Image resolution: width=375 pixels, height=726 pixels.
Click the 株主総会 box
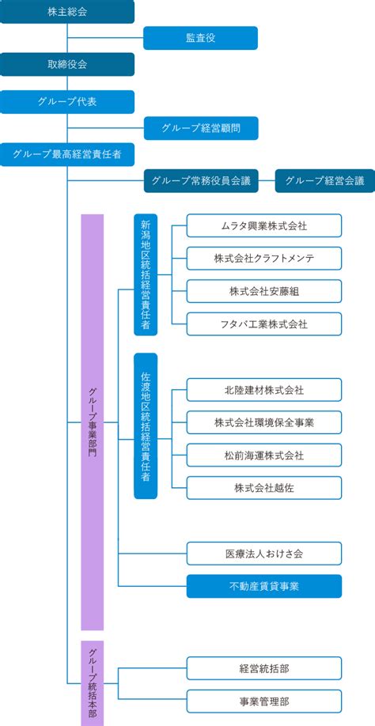point(67,12)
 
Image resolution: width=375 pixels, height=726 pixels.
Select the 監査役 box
point(200,38)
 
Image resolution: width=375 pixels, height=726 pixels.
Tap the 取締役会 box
point(67,64)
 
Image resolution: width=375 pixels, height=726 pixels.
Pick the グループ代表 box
point(67,102)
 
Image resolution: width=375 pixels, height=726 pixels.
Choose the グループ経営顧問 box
point(201,128)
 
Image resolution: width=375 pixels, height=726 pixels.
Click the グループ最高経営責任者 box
point(67,155)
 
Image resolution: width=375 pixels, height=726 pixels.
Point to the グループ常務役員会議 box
point(200,181)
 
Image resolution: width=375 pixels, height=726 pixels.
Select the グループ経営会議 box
point(325,181)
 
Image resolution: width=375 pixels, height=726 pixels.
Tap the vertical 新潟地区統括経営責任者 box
point(146,274)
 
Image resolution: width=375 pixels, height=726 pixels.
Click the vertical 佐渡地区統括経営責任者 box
point(146,426)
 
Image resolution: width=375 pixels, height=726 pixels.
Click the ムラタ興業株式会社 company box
point(264,225)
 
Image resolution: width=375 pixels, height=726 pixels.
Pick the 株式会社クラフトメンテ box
point(264,259)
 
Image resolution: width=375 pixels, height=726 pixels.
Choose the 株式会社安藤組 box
point(264,291)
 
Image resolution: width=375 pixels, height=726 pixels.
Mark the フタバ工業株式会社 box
point(264,324)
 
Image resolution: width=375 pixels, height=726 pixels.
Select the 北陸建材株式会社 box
point(264,390)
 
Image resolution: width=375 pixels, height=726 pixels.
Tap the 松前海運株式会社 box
point(264,456)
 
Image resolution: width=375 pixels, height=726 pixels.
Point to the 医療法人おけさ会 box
point(264,554)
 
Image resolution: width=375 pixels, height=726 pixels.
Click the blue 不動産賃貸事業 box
point(264,586)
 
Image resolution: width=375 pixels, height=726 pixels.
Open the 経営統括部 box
point(264,668)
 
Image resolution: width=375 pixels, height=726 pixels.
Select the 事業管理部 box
point(264,701)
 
